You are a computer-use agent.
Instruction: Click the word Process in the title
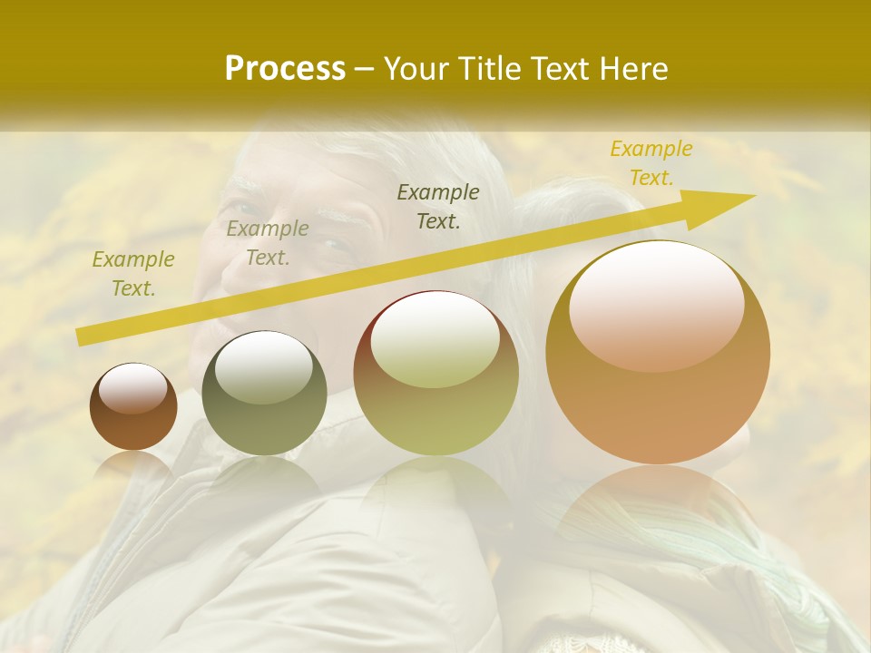[285, 69]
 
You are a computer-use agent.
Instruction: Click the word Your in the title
[417, 69]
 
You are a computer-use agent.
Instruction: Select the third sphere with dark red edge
[435, 374]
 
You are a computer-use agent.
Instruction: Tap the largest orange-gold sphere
[658, 354]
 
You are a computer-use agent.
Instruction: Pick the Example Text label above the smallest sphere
[133, 274]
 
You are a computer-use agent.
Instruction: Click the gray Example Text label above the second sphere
[268, 243]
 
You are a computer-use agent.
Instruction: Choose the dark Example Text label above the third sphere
[438, 206]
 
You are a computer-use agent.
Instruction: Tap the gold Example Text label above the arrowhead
[651, 163]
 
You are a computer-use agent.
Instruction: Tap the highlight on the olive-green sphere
[263, 366]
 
